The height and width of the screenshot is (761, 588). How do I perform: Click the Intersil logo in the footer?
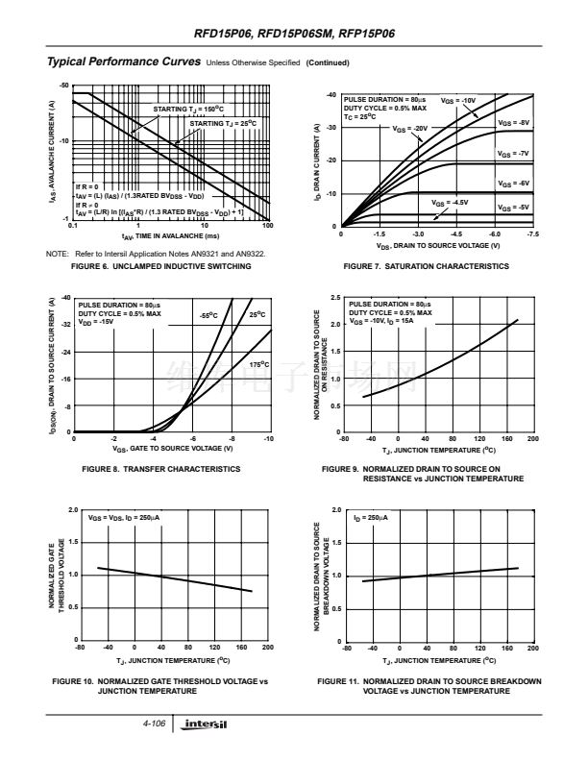click(207, 723)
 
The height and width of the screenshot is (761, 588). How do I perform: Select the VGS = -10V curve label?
click(458, 101)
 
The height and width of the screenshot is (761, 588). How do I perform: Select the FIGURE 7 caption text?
click(427, 266)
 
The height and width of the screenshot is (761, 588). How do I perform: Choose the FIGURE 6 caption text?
click(161, 266)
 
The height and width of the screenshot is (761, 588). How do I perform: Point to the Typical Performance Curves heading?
click(123, 62)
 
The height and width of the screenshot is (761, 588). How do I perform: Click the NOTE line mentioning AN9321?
click(155, 254)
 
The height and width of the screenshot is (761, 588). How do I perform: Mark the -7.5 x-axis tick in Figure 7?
click(533, 233)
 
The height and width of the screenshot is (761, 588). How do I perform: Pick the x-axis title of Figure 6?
click(170, 235)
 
